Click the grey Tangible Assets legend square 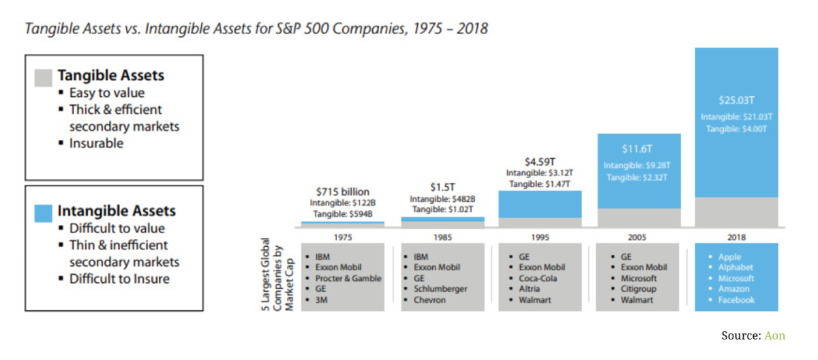tap(43, 76)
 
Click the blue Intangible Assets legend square tap(43, 212)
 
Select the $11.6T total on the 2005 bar tap(638, 149)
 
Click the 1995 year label tap(540, 237)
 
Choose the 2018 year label tap(736, 237)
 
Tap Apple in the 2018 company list tap(729, 257)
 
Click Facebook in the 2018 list tap(736, 300)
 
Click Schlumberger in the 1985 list tap(440, 289)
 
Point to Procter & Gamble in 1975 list tap(348, 278)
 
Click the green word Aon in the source tap(774, 335)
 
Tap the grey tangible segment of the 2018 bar tap(736, 212)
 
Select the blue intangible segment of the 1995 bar tap(540, 204)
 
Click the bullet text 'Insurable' tap(96, 143)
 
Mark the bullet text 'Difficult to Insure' tap(119, 279)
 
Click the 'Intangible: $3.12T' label tap(540, 173)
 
